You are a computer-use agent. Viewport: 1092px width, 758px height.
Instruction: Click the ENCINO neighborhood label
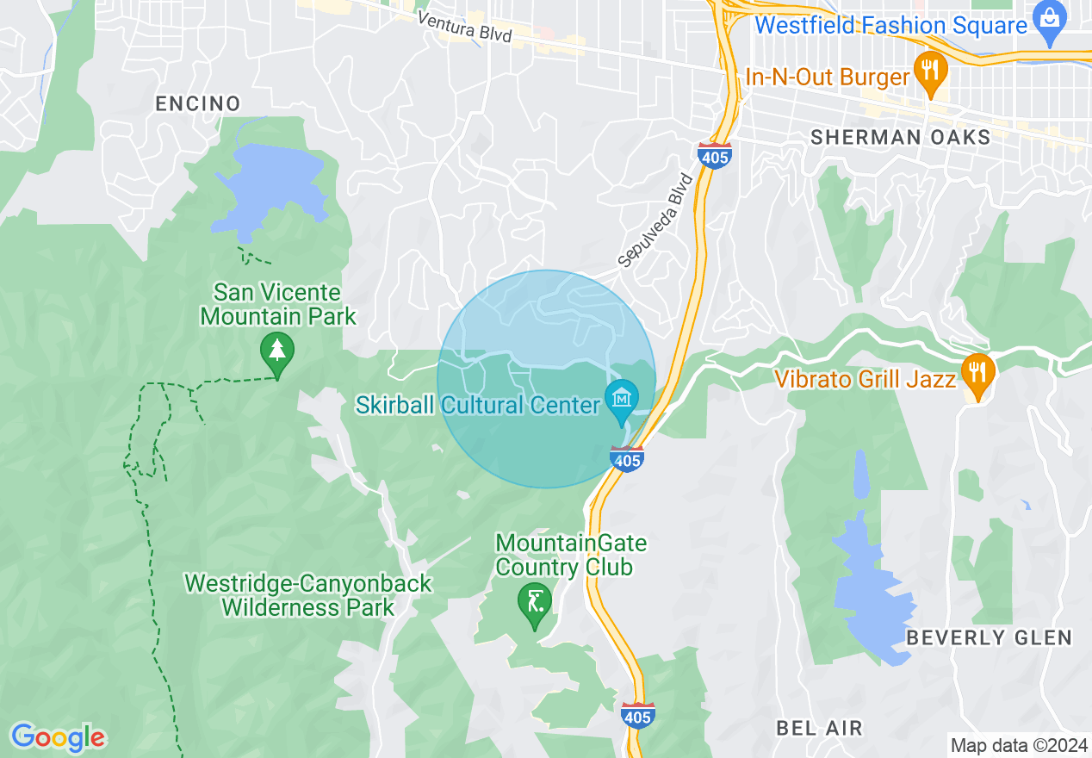click(197, 104)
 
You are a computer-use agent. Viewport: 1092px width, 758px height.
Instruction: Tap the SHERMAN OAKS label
click(901, 137)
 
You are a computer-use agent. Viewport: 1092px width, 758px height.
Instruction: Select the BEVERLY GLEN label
click(989, 638)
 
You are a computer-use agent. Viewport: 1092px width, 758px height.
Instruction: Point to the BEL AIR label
click(819, 728)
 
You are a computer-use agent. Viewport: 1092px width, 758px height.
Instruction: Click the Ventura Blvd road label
click(464, 28)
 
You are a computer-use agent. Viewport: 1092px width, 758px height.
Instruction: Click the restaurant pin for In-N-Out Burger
click(929, 68)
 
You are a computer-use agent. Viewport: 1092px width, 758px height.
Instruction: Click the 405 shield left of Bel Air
click(638, 714)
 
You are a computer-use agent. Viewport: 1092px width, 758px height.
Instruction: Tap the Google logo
click(58, 737)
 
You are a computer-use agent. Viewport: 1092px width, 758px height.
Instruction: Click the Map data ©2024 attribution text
click(1019, 745)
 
